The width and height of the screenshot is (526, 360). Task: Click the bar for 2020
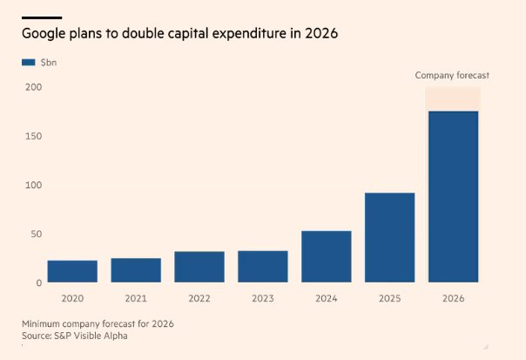click(x=72, y=271)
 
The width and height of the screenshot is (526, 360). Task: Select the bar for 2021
click(x=136, y=270)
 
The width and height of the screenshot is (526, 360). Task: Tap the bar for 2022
click(x=199, y=267)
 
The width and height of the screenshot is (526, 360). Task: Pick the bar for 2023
click(x=263, y=267)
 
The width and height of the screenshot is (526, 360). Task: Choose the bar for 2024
click(x=327, y=256)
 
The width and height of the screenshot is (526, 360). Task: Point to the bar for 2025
click(x=389, y=237)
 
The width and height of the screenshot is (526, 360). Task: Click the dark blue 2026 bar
click(x=453, y=196)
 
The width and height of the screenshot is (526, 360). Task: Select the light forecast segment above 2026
click(x=453, y=99)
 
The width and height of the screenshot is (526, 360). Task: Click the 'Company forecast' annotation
click(x=452, y=76)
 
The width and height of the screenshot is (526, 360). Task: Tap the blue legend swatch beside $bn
click(x=28, y=63)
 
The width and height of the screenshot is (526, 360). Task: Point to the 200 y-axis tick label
click(x=34, y=88)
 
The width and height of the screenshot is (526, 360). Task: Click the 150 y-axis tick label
click(x=34, y=137)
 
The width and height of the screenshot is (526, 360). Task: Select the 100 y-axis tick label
click(x=34, y=186)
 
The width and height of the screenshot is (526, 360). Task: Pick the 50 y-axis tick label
click(x=37, y=234)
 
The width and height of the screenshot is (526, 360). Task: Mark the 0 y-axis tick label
click(x=39, y=283)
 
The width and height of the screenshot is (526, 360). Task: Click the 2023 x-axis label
click(x=263, y=298)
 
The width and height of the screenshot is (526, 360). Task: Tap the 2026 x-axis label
click(x=453, y=298)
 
